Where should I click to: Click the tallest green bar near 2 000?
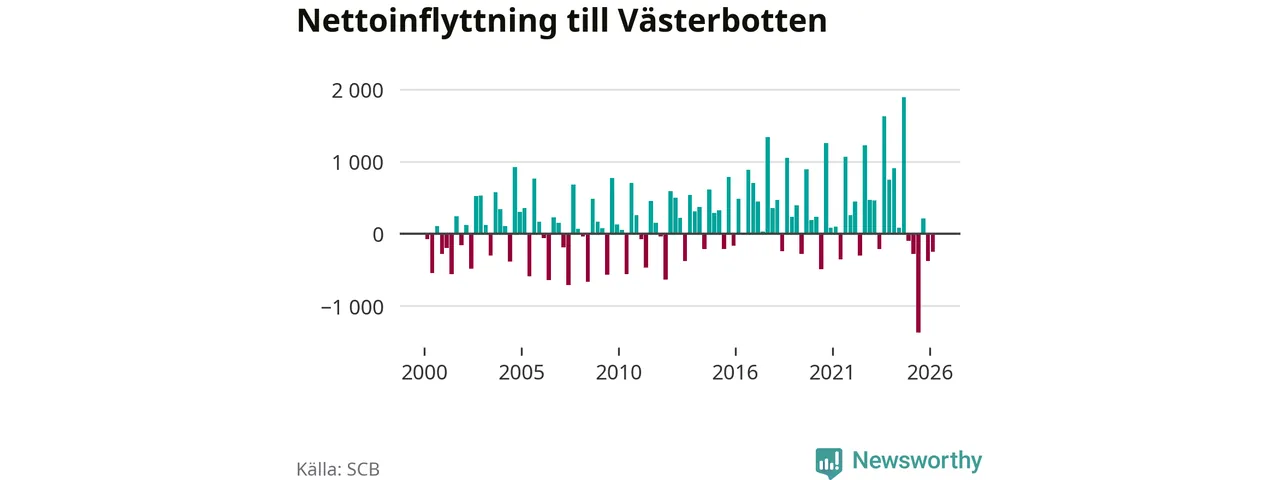point(904,165)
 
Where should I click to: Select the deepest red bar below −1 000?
point(918,283)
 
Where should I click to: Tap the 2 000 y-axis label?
point(357,90)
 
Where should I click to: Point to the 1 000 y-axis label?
point(357,163)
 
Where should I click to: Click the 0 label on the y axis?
point(378,234)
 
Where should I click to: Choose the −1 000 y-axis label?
point(352,307)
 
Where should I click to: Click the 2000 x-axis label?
point(424,373)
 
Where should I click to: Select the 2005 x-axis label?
point(521,373)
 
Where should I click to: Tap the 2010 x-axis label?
point(619,373)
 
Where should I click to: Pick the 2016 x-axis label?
point(735,373)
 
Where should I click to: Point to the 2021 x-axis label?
point(832,373)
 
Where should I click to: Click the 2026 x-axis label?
point(930,373)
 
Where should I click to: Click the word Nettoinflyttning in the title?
point(427,22)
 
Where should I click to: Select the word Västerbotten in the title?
point(723,21)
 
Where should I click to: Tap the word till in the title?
point(588,21)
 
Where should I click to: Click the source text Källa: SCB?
point(338,469)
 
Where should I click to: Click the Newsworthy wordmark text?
point(917,460)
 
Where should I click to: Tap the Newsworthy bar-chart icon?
point(829,463)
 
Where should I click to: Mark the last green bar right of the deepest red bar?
point(923,226)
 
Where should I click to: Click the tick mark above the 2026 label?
point(930,351)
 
